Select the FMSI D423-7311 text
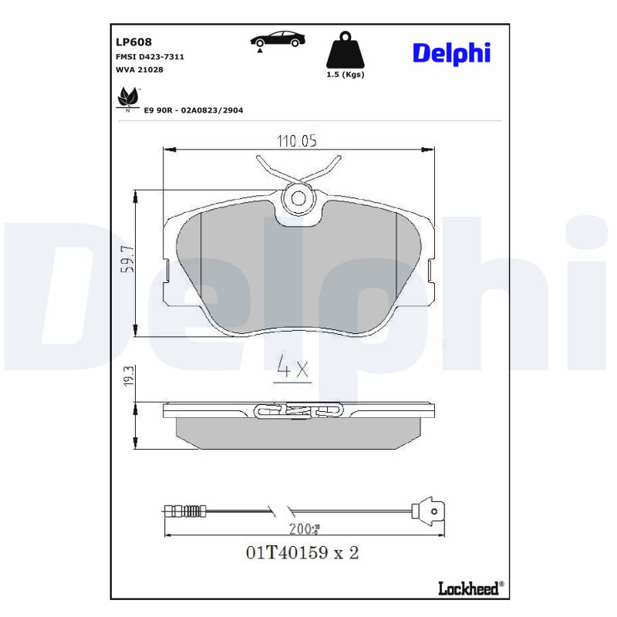[150, 57]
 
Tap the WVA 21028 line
[139, 69]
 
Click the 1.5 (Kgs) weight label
[346, 75]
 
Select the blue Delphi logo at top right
[451, 52]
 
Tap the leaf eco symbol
[127, 99]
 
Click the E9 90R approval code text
[194, 110]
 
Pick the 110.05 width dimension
[297, 140]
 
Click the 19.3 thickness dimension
[129, 376]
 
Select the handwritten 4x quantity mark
[292, 369]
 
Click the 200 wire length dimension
[306, 529]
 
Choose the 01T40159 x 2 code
[302, 553]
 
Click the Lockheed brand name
[467, 589]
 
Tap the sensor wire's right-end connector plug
[427, 510]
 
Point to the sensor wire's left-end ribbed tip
[182, 510]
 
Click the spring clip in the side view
[287, 412]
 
